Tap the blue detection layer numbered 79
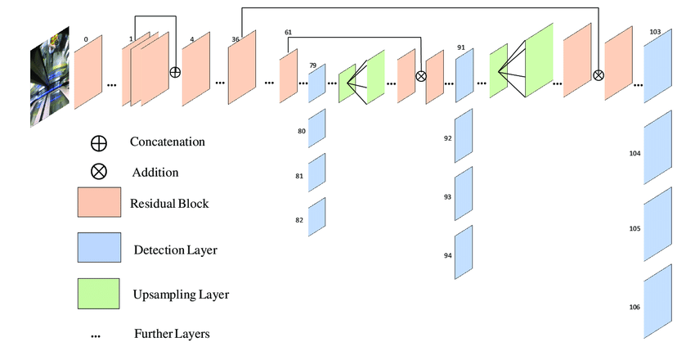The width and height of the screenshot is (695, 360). pos(317,82)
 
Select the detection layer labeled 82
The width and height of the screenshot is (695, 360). pos(317,216)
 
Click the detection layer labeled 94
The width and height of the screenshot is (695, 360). pos(464,252)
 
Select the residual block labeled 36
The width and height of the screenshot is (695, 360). pos(242,72)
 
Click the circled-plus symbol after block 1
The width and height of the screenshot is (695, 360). pos(175,72)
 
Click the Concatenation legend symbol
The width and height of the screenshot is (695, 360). pos(98,142)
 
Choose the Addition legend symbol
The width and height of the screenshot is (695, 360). pos(98,172)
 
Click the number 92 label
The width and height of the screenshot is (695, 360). pos(448,138)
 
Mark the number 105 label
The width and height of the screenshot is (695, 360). pos(634,230)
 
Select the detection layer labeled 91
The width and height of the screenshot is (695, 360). pos(464,79)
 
